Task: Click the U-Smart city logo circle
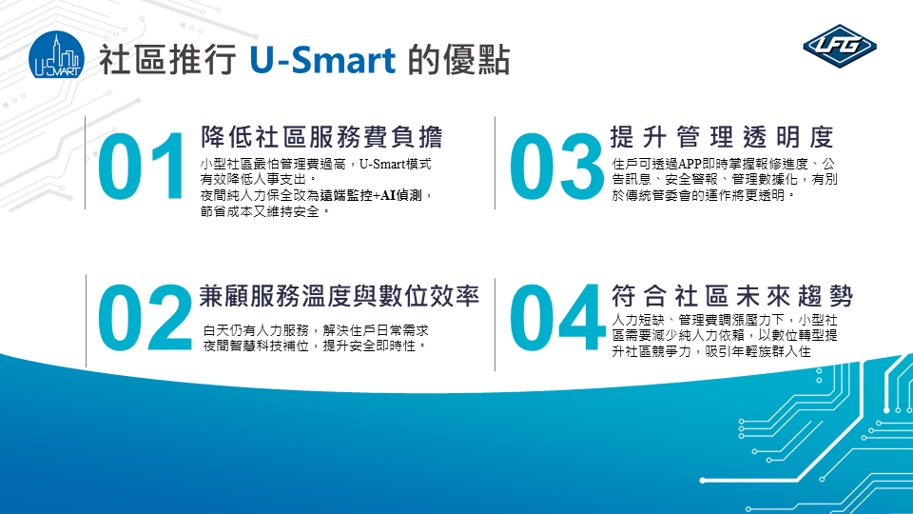56,55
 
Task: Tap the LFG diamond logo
840,46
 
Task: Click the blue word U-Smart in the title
322,61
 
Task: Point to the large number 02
145,318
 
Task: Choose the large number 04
557,318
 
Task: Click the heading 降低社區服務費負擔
321,137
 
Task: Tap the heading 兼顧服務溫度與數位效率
339,296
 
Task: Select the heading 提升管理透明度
722,137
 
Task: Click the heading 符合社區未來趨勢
732,296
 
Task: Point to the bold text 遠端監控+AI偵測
370,195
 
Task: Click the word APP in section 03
690,165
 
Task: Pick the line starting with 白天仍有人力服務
316,330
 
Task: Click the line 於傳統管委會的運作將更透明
703,195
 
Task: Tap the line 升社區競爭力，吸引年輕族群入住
711,351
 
